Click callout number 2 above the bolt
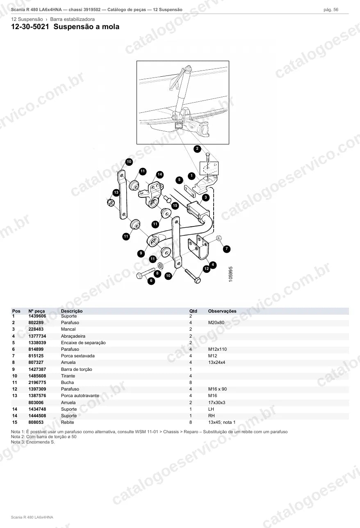tap(197, 149)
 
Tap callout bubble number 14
tap(160, 174)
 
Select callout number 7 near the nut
tap(227, 249)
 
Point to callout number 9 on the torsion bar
tap(141, 254)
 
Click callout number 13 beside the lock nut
tap(116, 192)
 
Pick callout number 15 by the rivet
tap(175, 206)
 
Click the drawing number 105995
tap(231, 274)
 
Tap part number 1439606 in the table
tap(37, 316)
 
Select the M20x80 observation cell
tap(216, 322)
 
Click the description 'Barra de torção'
tap(76, 369)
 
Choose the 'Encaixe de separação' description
tap(83, 343)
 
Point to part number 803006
tap(36, 402)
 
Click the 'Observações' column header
tap(222, 311)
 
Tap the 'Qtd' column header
tap(193, 311)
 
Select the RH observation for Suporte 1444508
tap(211, 416)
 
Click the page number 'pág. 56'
tap(331, 10)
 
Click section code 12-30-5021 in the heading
tap(30, 27)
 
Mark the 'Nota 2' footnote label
tap(18, 437)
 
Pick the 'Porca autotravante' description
tap(80, 396)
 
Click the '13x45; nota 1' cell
tap(222, 423)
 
